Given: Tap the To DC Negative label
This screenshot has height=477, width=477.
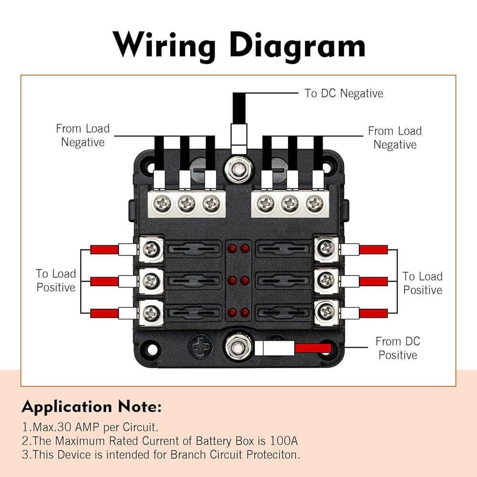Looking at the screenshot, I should [x=343, y=93].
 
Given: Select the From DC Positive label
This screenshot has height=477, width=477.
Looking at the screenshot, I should [x=397, y=348].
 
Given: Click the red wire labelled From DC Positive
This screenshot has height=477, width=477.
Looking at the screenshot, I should [x=312, y=348].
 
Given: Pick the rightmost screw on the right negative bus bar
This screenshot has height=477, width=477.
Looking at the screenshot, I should [x=313, y=204].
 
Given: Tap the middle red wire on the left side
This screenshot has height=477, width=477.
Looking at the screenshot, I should [x=104, y=281].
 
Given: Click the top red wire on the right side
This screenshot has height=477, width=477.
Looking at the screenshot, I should [x=373, y=249].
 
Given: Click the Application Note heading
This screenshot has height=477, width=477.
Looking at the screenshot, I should [x=92, y=407].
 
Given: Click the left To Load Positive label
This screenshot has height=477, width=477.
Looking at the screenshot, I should [x=56, y=280].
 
